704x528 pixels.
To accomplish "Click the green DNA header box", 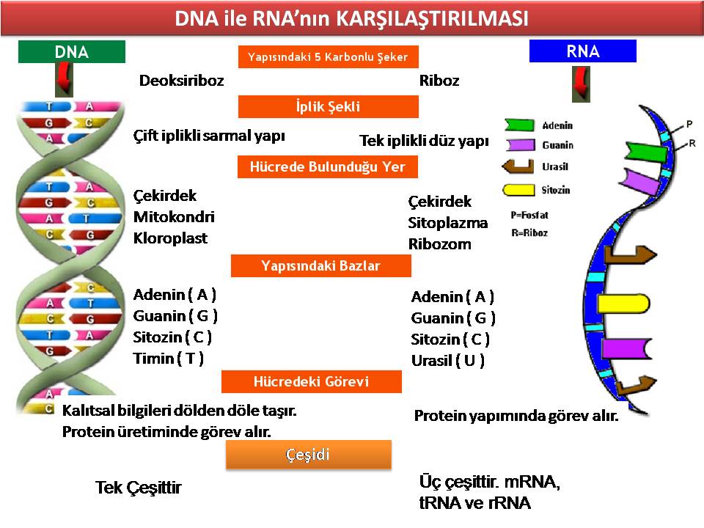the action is pyautogui.click(x=72, y=51).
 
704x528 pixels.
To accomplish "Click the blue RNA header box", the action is pyautogui.click(x=583, y=51).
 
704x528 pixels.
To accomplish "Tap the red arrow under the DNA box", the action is pyautogui.click(x=65, y=79).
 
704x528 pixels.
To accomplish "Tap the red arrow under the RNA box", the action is pyautogui.click(x=581, y=84).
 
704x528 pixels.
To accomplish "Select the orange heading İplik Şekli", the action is pyautogui.click(x=329, y=106).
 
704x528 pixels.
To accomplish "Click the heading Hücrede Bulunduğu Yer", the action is pyautogui.click(x=328, y=166).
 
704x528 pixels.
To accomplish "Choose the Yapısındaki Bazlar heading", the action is pyautogui.click(x=321, y=265).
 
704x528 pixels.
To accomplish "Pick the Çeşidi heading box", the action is pyautogui.click(x=309, y=455).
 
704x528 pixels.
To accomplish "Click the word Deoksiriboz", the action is pyautogui.click(x=181, y=81).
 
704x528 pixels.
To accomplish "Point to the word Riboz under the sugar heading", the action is pyautogui.click(x=439, y=81).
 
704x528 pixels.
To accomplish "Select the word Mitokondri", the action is pyautogui.click(x=174, y=217).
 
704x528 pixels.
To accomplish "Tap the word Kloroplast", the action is pyautogui.click(x=170, y=238).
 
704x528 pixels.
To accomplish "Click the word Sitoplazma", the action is pyautogui.click(x=447, y=223).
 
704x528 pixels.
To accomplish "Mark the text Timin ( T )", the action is pyautogui.click(x=169, y=359).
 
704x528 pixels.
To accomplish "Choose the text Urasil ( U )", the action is pyautogui.click(x=448, y=361).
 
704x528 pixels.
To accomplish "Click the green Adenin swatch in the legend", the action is pyautogui.click(x=519, y=125).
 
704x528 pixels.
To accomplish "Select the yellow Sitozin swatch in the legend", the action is pyautogui.click(x=518, y=190).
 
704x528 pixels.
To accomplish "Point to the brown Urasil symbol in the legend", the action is pyautogui.click(x=518, y=166).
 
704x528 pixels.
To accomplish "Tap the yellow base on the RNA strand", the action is pyautogui.click(x=623, y=304).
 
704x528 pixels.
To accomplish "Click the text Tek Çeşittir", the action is pyautogui.click(x=139, y=488).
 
